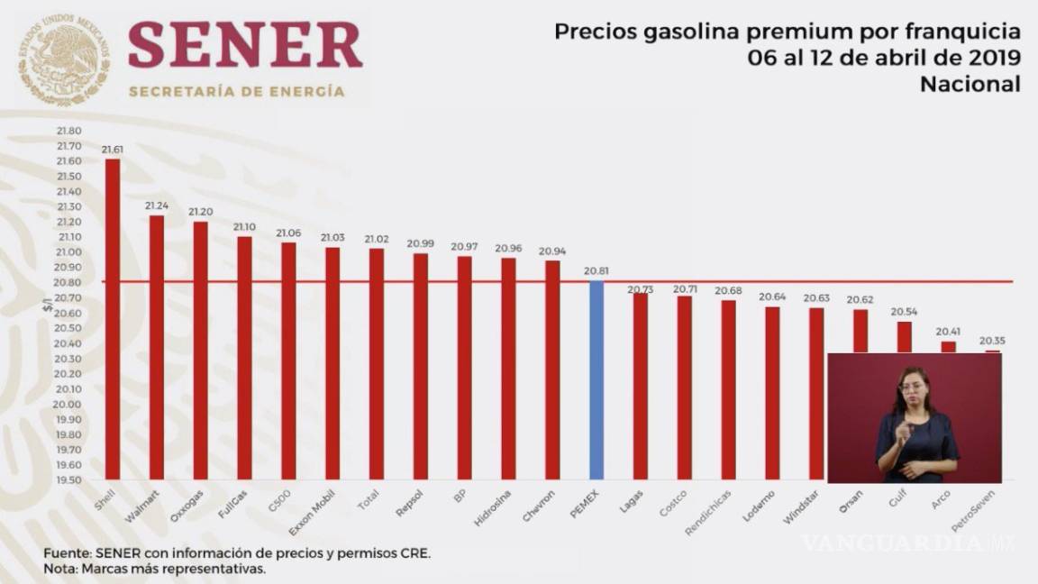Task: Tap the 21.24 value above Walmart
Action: tap(157, 205)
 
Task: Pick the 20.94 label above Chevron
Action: tap(551, 251)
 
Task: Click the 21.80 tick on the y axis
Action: tap(68, 131)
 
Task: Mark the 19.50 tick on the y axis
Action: tap(68, 479)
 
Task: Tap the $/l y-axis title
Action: tap(47, 305)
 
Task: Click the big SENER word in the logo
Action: tap(244, 45)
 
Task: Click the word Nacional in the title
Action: tap(970, 84)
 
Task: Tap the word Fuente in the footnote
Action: tap(67, 553)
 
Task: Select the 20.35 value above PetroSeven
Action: tap(992, 341)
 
